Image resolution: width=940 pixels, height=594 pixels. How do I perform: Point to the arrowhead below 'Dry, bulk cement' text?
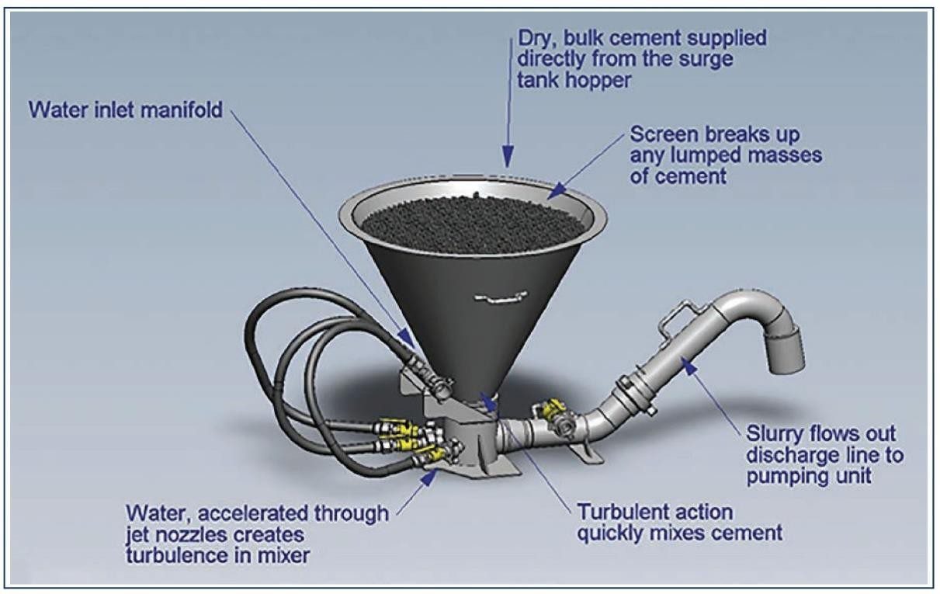pyautogui.click(x=507, y=158)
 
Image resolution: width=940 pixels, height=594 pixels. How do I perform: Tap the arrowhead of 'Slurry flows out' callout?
pyautogui.click(x=686, y=361)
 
